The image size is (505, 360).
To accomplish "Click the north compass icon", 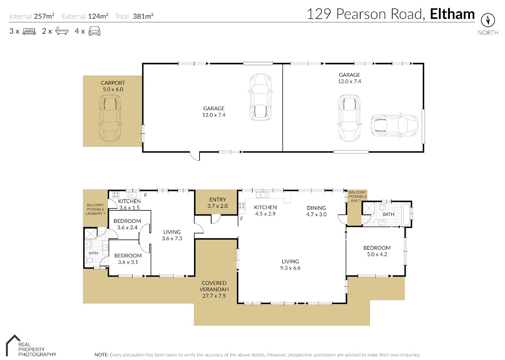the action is (x=488, y=20).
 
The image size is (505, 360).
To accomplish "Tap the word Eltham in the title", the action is (x=452, y=14).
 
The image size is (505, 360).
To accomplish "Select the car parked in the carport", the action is (x=110, y=118).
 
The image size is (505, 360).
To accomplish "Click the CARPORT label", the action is (x=113, y=83).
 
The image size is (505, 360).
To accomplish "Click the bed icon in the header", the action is (x=29, y=31).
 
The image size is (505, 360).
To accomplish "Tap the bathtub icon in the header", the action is (x=62, y=31).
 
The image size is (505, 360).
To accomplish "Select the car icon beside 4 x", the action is (x=94, y=31).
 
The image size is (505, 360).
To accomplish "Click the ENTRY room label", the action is (x=217, y=200).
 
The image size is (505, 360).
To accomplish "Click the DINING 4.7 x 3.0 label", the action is (x=316, y=211).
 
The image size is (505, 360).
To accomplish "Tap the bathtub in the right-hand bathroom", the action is (x=406, y=214).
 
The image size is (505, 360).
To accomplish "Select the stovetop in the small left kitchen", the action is (x=116, y=195).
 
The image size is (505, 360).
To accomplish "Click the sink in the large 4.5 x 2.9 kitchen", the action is (x=263, y=195).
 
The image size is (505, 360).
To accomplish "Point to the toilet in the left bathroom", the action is (x=89, y=261).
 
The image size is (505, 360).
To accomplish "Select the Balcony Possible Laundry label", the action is (x=96, y=209).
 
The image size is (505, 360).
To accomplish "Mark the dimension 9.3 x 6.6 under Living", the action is (x=290, y=268).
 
